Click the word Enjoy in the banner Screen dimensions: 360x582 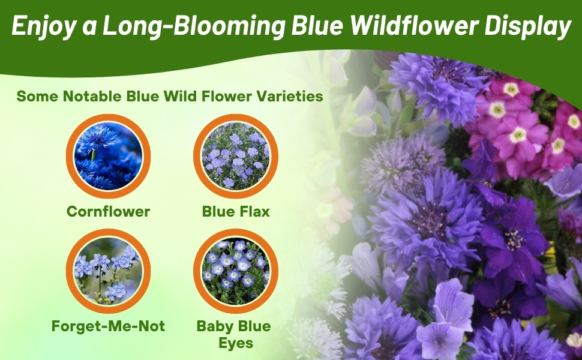coord(40,27)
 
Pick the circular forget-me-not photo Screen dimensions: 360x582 coord(108,271)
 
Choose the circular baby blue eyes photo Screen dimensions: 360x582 coord(236,271)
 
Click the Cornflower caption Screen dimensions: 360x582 coord(108,211)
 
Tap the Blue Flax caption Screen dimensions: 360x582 coord(236,211)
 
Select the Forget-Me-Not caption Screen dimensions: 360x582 coord(108,327)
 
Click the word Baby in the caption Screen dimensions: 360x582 coord(214,327)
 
